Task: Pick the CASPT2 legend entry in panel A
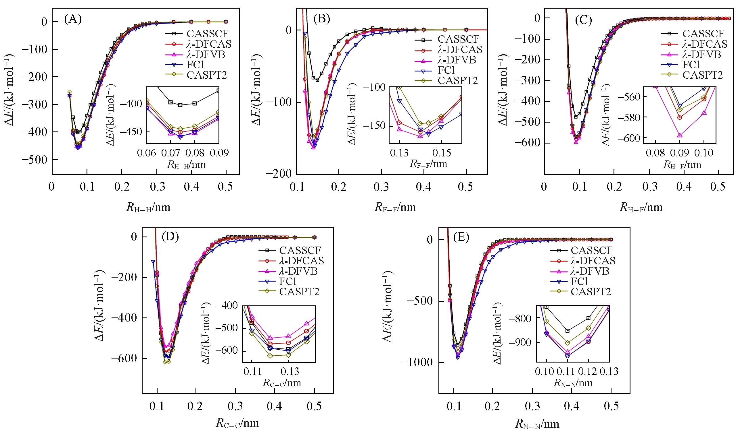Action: point(207,75)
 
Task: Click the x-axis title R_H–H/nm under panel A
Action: point(148,207)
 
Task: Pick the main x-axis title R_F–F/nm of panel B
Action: point(395,207)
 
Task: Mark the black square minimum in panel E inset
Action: point(568,331)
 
